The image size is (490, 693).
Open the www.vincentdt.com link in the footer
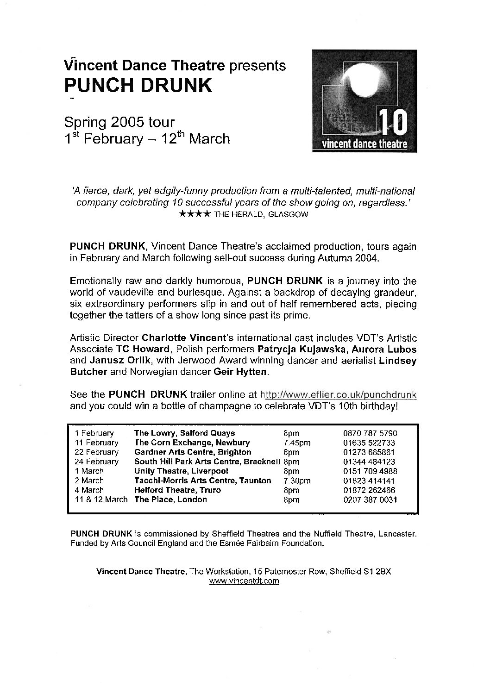(244, 581)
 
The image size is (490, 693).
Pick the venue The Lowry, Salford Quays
(184, 433)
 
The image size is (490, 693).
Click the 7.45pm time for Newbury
(296, 443)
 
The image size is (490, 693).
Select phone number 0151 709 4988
(371, 471)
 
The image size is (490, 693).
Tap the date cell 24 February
(96, 462)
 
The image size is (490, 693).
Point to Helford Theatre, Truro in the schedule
(177, 490)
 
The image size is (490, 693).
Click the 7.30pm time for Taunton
(296, 481)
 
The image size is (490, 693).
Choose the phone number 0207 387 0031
(371, 499)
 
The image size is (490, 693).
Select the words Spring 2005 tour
(119, 122)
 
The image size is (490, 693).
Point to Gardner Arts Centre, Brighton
(193, 452)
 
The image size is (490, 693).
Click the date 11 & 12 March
(101, 499)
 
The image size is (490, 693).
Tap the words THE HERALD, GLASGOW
(261, 215)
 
